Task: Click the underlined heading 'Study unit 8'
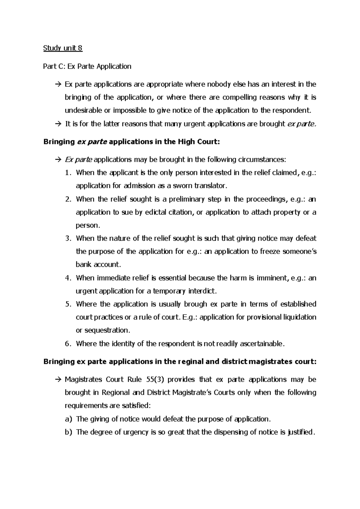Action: click(x=63, y=48)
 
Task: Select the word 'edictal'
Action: click(x=157, y=212)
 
